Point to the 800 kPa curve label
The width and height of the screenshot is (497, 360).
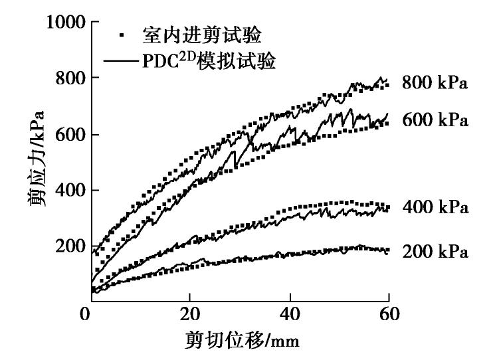tap(435, 84)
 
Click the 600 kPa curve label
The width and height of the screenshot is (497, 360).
tap(435, 121)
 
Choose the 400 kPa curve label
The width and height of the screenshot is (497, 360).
tap(435, 208)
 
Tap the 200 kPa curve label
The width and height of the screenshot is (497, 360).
tap(435, 252)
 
